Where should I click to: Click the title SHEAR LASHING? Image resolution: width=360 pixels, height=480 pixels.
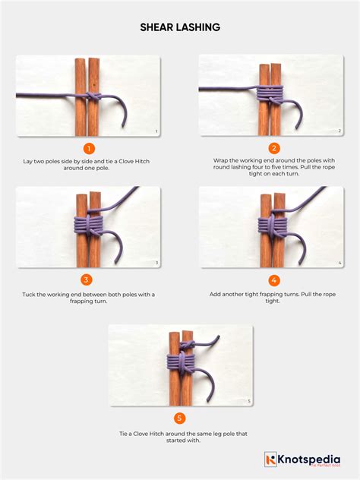pos(180,27)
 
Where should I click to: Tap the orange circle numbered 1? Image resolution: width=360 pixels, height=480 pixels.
pos(89,149)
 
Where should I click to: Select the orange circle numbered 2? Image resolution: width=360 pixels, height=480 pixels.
pos(274,149)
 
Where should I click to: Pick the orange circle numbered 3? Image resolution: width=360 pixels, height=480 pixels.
pos(89,280)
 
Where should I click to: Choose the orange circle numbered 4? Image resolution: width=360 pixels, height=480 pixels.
pos(274,280)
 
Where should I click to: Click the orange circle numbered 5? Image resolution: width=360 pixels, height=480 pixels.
pos(180,418)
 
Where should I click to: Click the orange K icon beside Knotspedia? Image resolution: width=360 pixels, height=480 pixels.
pos(270,459)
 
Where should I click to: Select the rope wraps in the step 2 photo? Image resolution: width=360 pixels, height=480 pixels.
pos(272,96)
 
